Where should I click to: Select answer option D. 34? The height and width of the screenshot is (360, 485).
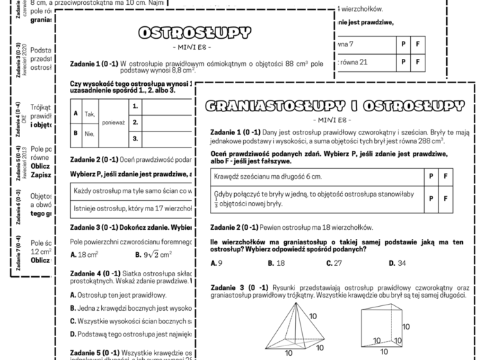coord(397,263)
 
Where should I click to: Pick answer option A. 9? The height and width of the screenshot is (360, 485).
coord(215,263)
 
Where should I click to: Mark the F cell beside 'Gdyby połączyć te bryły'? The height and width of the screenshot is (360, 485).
coord(446,199)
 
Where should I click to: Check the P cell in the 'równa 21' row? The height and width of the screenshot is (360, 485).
coord(403,62)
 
